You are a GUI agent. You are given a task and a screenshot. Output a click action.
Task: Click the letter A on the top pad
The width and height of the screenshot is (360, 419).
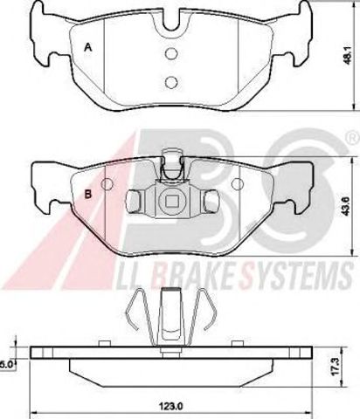point(88,47)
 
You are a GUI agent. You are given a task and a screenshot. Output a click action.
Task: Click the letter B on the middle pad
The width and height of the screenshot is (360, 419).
point(88,194)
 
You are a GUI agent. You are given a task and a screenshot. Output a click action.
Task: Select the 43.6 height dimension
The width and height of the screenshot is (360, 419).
point(349,206)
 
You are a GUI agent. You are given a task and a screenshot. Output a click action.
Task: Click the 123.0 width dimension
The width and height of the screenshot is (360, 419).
point(172,406)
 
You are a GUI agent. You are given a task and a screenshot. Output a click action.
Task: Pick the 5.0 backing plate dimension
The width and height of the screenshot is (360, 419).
point(6,364)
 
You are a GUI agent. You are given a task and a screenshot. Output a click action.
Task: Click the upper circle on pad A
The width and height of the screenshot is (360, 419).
point(171,53)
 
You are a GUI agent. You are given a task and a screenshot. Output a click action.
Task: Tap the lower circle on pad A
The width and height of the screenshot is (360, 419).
point(171,82)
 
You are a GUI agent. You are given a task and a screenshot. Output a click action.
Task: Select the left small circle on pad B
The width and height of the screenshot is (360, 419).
point(107,184)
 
